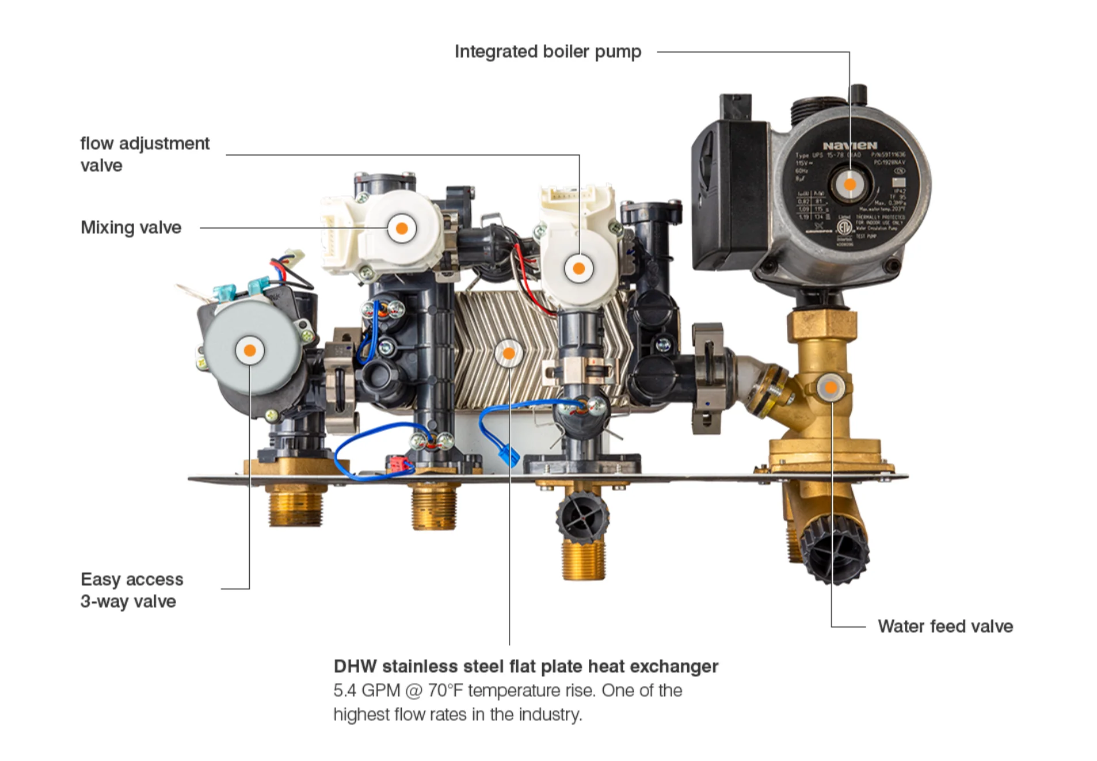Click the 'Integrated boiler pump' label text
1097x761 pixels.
pyautogui.click(x=547, y=52)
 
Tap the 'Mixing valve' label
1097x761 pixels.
pyautogui.click(x=131, y=227)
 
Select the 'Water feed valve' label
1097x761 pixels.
pyautogui.click(x=944, y=626)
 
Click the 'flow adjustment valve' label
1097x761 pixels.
pyautogui.click(x=144, y=154)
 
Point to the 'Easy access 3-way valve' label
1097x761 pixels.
pyautogui.click(x=132, y=590)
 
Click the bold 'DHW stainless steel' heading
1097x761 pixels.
pyautogui.click(x=525, y=666)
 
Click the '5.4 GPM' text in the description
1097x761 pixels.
pyautogui.click(x=365, y=690)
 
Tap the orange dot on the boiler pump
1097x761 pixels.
pyautogui.click(x=850, y=185)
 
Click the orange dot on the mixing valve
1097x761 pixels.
pyautogui.click(x=402, y=229)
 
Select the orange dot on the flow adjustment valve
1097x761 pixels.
pyautogui.click(x=579, y=268)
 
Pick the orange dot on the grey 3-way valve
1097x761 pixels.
pyautogui.click(x=250, y=350)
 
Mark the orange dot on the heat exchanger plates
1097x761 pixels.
pyautogui.click(x=509, y=353)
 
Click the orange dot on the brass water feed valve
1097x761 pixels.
pyautogui.click(x=831, y=387)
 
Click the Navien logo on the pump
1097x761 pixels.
pyautogui.click(x=850, y=146)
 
